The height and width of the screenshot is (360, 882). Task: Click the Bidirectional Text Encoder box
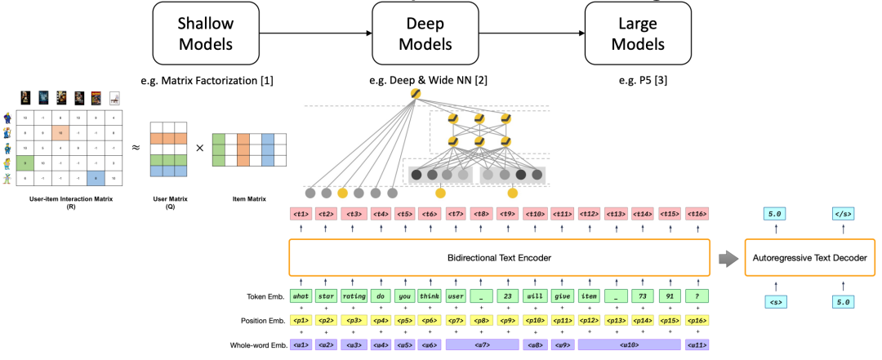(498, 257)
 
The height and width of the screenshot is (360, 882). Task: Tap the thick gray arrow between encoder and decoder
(726, 258)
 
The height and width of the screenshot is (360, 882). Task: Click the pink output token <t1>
(301, 214)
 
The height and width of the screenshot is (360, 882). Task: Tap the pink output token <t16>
(697, 214)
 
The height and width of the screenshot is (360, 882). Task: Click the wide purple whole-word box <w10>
(629, 345)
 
